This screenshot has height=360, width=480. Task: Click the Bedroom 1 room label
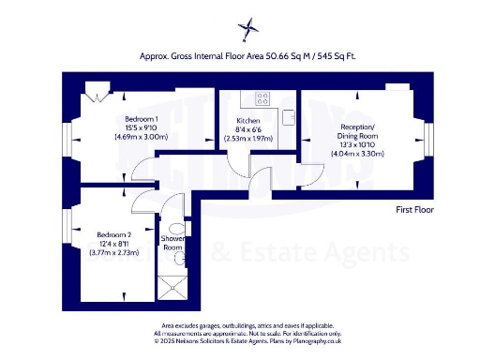(141, 118)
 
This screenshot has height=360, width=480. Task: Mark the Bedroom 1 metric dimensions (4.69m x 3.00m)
(141, 137)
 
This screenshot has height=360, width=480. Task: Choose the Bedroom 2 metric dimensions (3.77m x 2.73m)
(109, 251)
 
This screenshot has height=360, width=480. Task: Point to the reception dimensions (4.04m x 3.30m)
(352, 155)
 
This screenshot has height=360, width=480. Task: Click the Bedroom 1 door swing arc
(142, 169)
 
